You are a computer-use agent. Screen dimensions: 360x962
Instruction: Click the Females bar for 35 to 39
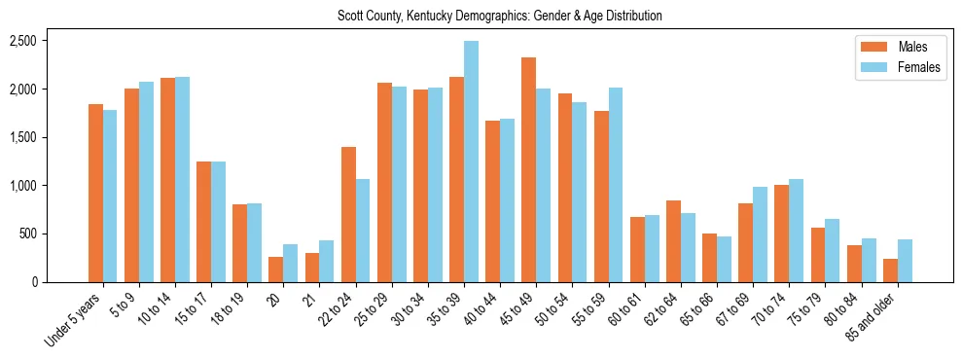(471, 162)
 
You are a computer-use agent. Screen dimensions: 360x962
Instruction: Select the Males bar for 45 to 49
(528, 169)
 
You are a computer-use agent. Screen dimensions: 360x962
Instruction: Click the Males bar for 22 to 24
(348, 214)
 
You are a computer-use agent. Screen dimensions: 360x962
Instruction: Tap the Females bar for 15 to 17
(218, 222)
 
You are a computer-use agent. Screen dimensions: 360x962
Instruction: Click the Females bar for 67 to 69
(760, 234)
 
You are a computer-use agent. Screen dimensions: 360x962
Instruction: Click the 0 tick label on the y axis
(33, 282)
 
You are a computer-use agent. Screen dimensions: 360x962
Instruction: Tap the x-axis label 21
(310, 296)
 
